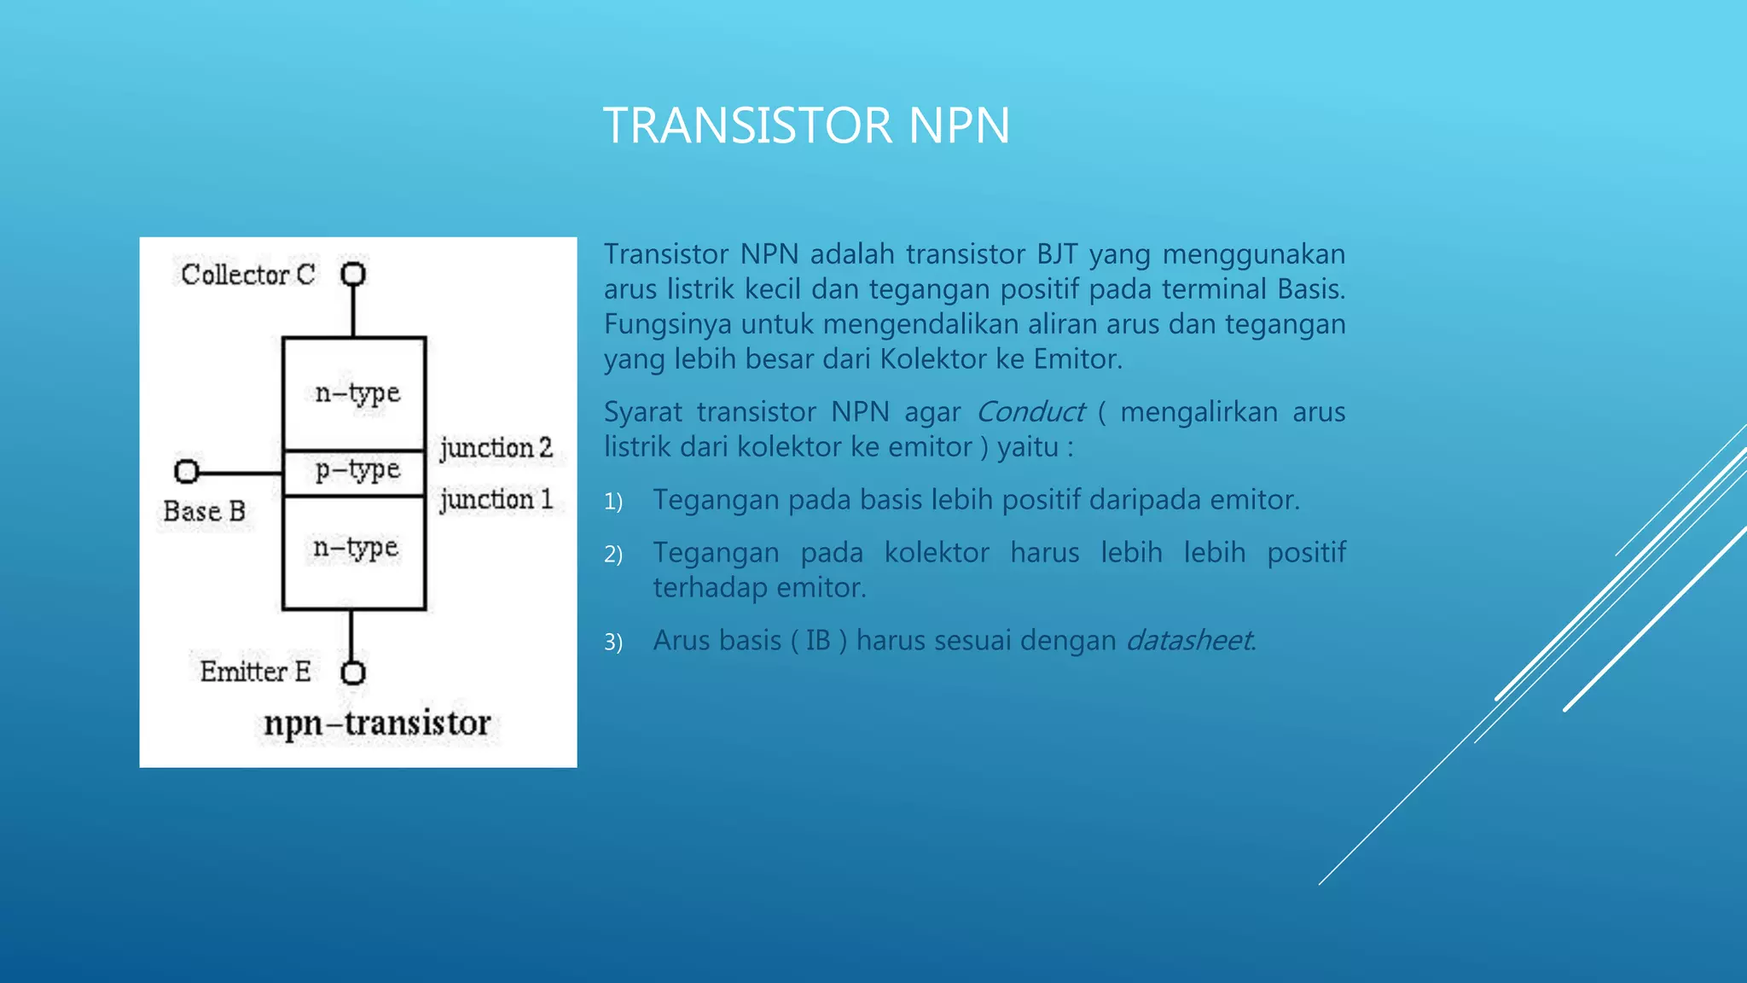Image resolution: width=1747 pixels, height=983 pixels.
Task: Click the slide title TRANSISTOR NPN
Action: (806, 125)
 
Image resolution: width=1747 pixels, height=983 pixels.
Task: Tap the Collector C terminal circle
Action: (353, 275)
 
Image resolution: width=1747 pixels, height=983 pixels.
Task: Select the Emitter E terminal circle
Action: (353, 673)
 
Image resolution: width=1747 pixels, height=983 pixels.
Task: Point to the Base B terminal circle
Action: (186, 471)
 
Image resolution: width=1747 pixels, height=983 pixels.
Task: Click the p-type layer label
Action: (357, 470)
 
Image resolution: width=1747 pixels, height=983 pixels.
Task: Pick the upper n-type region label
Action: (357, 393)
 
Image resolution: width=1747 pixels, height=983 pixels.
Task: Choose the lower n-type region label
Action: (356, 548)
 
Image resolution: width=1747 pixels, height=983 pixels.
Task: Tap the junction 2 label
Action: (496, 448)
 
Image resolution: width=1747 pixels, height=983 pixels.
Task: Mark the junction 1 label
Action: (496, 500)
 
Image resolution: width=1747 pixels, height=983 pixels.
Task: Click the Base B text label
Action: (204, 512)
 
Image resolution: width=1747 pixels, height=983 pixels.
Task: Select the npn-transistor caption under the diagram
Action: (377, 724)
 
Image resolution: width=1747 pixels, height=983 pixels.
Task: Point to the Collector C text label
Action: (247, 275)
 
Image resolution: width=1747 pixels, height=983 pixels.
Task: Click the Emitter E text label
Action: (255, 672)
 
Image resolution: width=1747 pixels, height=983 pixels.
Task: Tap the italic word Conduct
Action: (1030, 412)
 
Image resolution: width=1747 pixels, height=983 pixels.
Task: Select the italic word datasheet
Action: (1189, 641)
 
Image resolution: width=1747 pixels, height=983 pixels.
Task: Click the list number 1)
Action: (613, 502)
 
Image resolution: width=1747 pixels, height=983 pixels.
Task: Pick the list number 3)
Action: (613, 643)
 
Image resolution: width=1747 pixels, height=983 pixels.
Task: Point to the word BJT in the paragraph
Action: (1057, 254)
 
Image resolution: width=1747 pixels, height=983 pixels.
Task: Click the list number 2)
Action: (613, 555)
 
